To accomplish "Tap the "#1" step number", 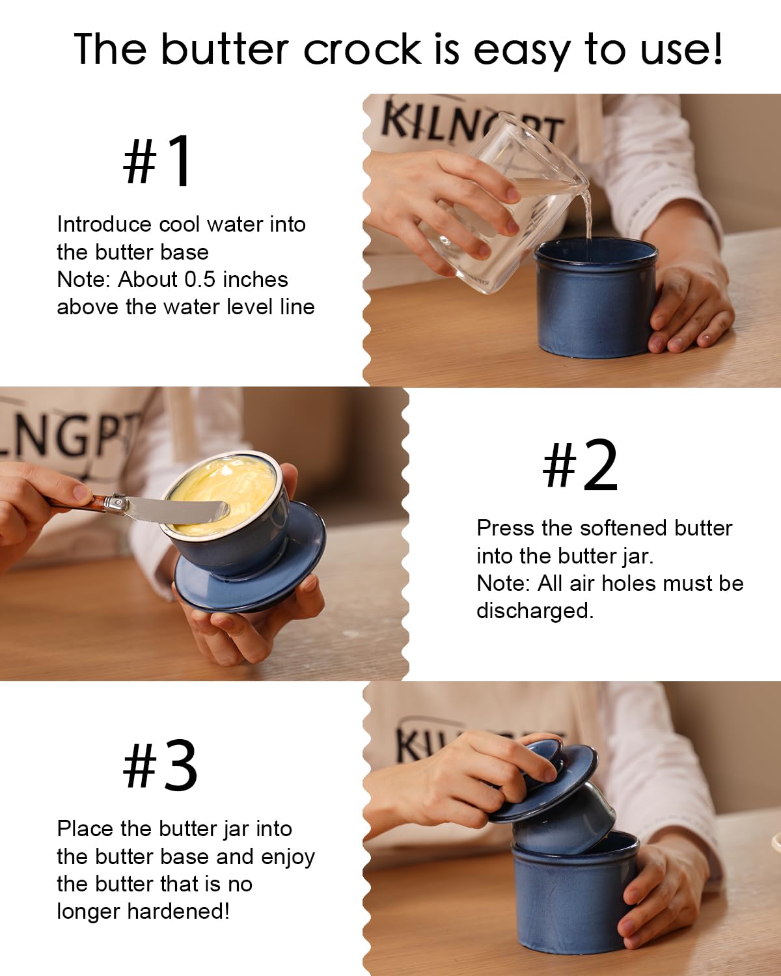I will tap(158, 160).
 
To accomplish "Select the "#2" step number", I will tap(580, 465).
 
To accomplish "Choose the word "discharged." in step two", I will tap(535, 611).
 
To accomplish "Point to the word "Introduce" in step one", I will tap(104, 224).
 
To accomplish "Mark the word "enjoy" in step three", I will tap(288, 858).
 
